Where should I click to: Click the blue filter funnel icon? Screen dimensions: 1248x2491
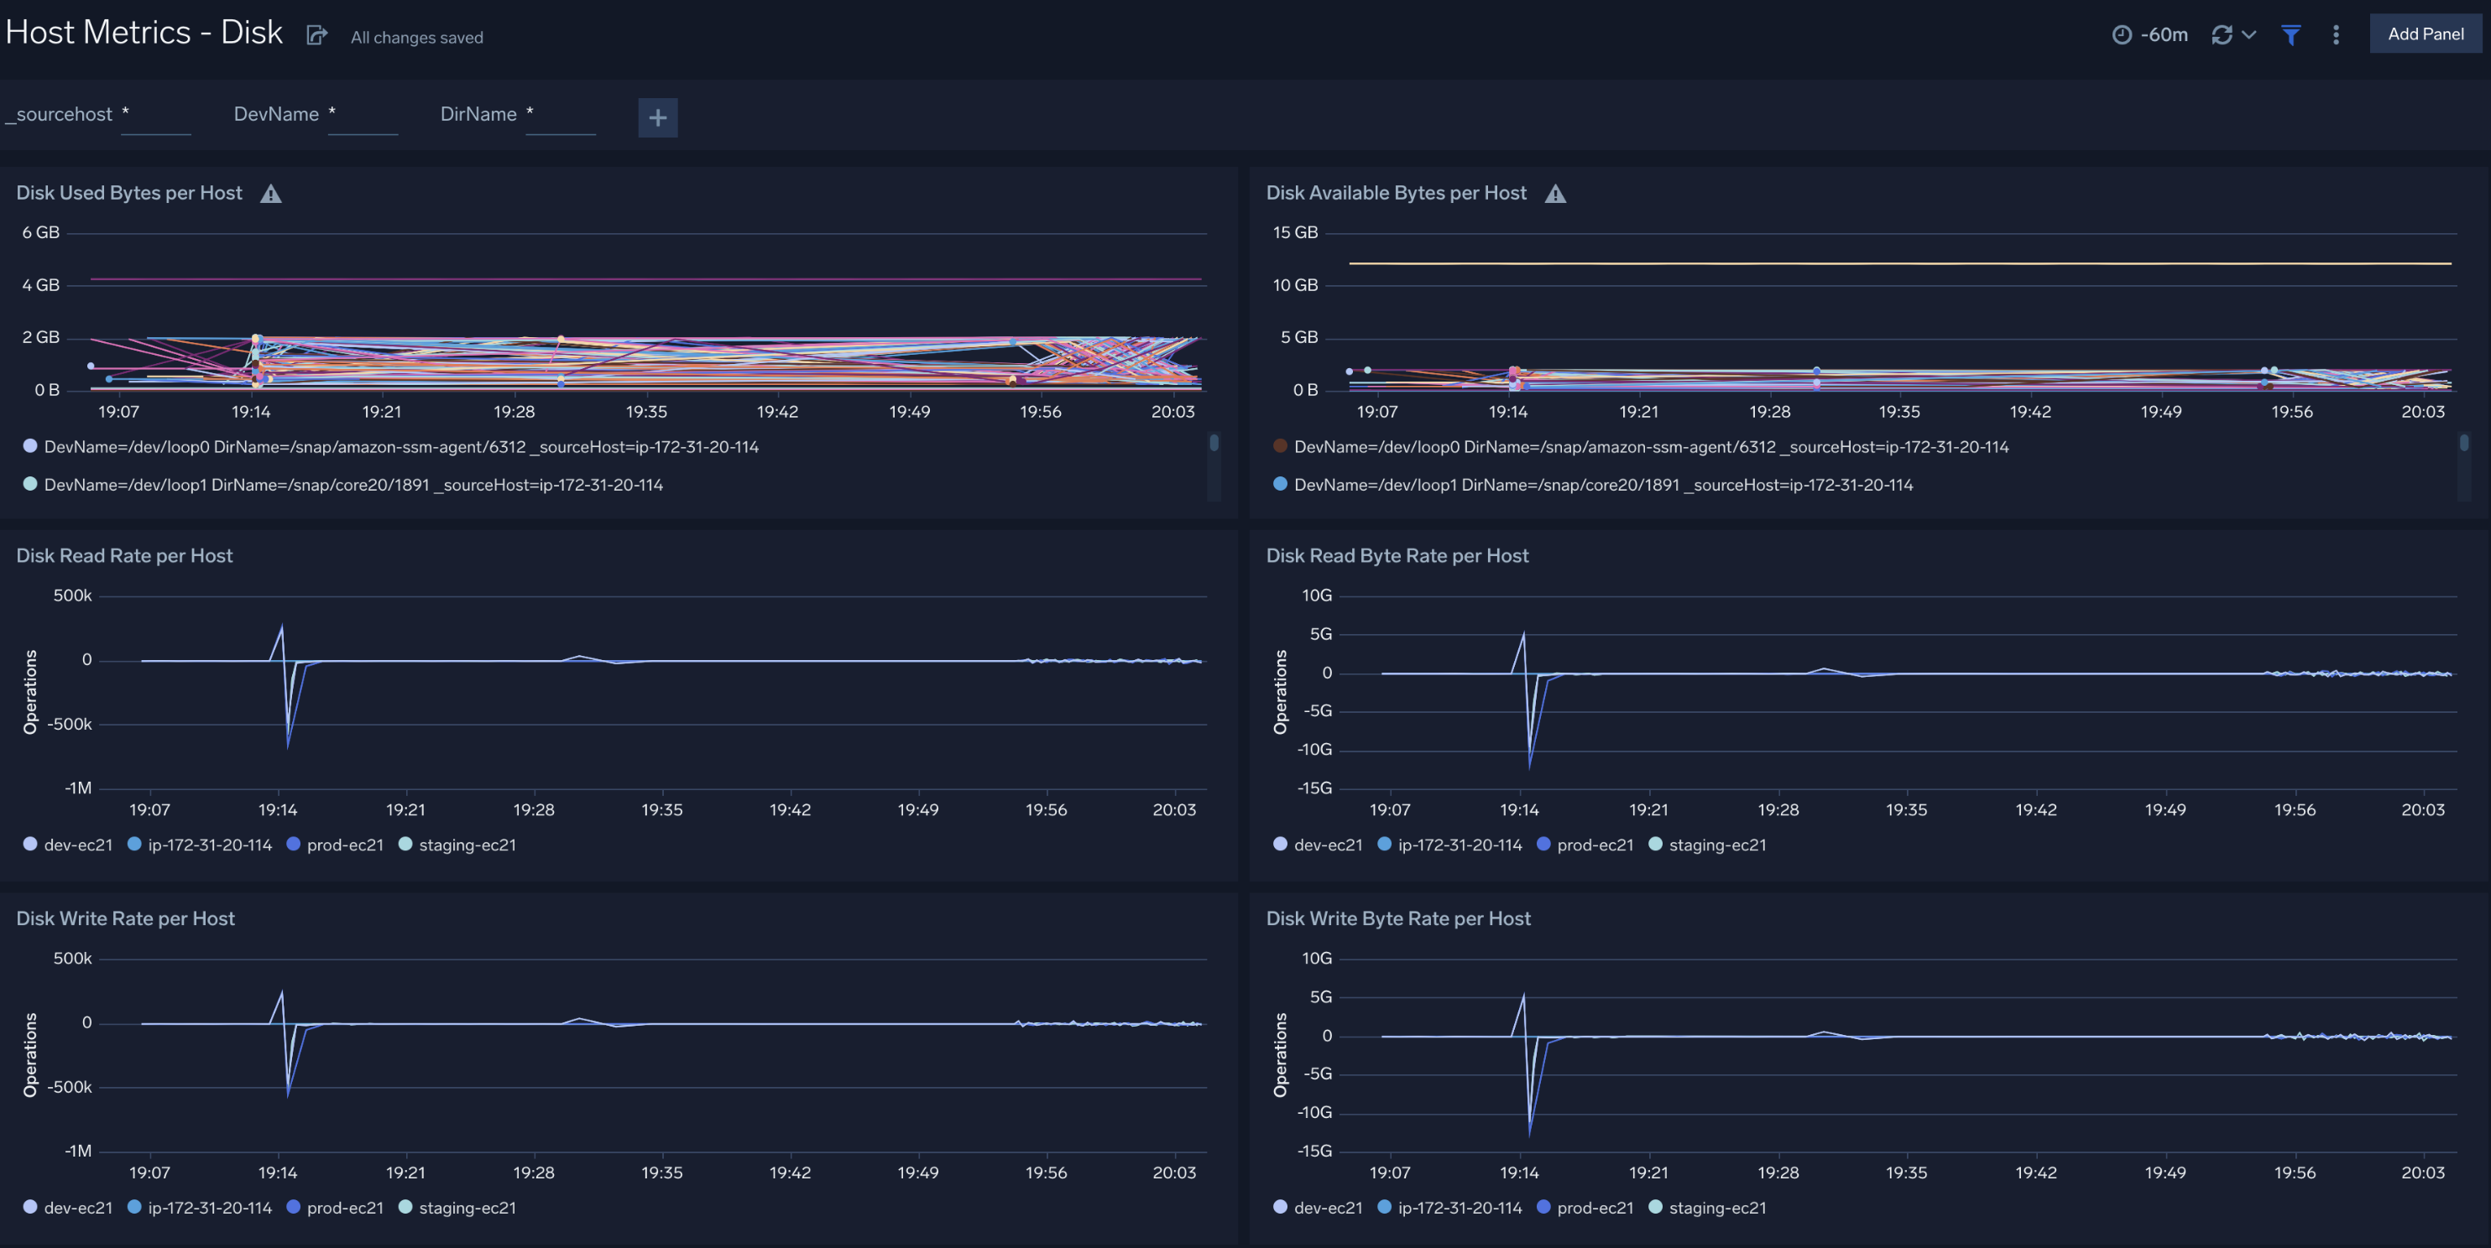click(x=2290, y=34)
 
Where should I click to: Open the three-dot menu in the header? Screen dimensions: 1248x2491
click(x=2335, y=34)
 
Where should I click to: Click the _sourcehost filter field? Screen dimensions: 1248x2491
click(x=154, y=115)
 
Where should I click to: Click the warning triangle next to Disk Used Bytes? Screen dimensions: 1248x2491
click(x=271, y=195)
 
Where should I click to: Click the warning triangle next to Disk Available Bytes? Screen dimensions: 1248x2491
click(x=1554, y=195)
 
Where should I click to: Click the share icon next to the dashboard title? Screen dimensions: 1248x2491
click(x=316, y=36)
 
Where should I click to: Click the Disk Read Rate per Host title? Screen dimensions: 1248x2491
click(x=123, y=556)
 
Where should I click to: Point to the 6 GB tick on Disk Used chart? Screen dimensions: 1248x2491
click(x=40, y=233)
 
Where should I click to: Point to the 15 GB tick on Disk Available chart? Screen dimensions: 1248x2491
click(x=1294, y=233)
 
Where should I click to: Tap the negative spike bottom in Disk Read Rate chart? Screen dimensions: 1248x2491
click(x=288, y=744)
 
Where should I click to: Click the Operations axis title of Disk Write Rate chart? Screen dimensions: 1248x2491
click(x=30, y=1054)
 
